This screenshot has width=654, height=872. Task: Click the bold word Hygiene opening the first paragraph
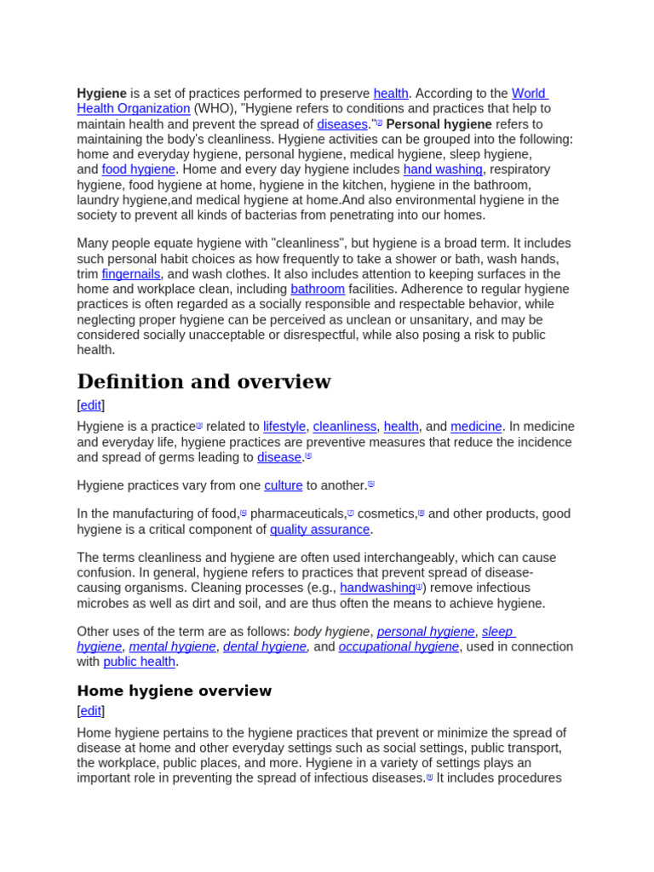[101, 94]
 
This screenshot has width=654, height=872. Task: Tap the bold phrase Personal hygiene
[439, 124]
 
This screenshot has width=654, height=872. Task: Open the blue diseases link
[341, 124]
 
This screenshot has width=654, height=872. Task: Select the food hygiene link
[138, 169]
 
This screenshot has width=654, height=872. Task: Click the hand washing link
[442, 169]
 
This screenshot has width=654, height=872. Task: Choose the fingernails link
[130, 274]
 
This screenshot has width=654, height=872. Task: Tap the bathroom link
[318, 290]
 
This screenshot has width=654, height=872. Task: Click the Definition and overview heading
[204, 381]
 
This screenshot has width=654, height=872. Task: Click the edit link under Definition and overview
[91, 405]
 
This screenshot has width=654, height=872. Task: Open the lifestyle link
[284, 427]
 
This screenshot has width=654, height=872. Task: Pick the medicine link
[476, 427]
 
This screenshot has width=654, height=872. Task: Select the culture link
[283, 485]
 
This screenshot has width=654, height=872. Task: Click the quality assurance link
[319, 530]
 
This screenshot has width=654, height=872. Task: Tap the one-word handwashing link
[377, 588]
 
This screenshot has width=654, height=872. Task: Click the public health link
[139, 663]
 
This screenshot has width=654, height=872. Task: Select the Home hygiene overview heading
[175, 691]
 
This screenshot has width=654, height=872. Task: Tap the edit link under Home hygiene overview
[91, 711]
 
